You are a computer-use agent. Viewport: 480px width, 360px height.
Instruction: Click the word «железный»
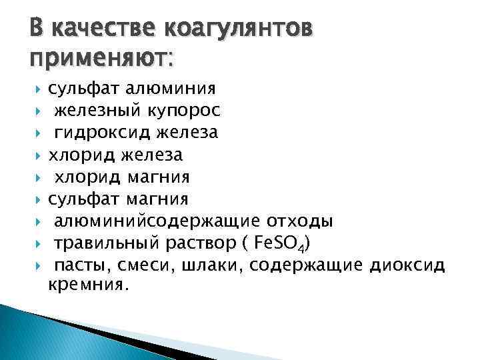tap(93, 111)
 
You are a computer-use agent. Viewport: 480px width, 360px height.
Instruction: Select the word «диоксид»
tap(407, 265)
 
